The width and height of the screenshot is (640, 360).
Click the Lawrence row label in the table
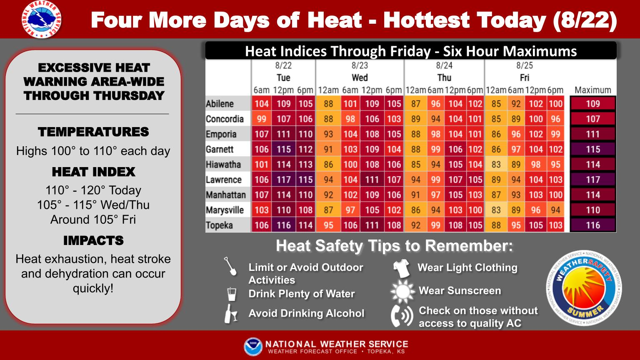(224, 180)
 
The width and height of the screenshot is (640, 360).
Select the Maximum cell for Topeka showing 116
(592, 225)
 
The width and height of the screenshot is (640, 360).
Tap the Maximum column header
(592, 90)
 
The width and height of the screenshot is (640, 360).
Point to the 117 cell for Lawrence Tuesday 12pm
(283, 180)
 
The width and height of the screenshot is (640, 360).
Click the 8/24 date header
(444, 65)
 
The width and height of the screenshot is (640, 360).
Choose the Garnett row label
(220, 150)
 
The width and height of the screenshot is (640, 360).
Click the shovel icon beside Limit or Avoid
(230, 267)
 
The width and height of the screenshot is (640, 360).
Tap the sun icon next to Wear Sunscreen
(402, 291)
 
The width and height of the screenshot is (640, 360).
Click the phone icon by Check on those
(402, 316)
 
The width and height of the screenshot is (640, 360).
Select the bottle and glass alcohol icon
(230, 314)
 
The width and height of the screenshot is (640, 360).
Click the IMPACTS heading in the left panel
(93, 241)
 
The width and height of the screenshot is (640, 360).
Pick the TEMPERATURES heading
(93, 132)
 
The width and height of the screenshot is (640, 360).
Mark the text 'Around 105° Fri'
(93, 220)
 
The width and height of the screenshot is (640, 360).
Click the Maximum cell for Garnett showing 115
(592, 150)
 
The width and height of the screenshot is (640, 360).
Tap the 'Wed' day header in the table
(360, 78)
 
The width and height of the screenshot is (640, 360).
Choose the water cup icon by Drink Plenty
(231, 294)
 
